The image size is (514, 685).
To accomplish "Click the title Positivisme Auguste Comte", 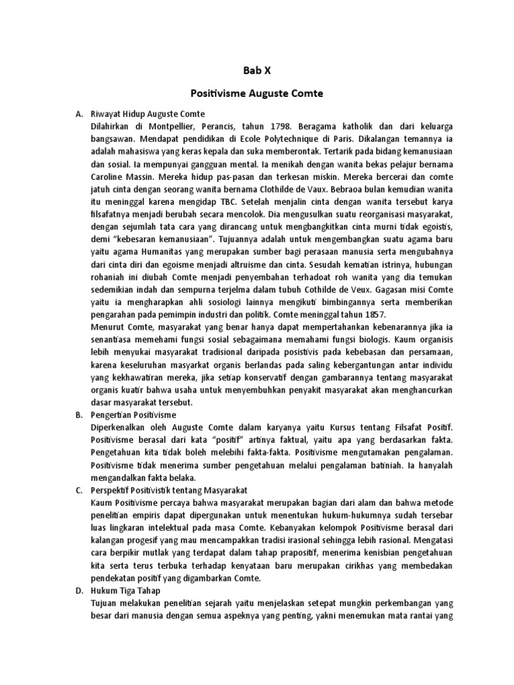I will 256,94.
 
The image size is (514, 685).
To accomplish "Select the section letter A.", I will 78,114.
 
